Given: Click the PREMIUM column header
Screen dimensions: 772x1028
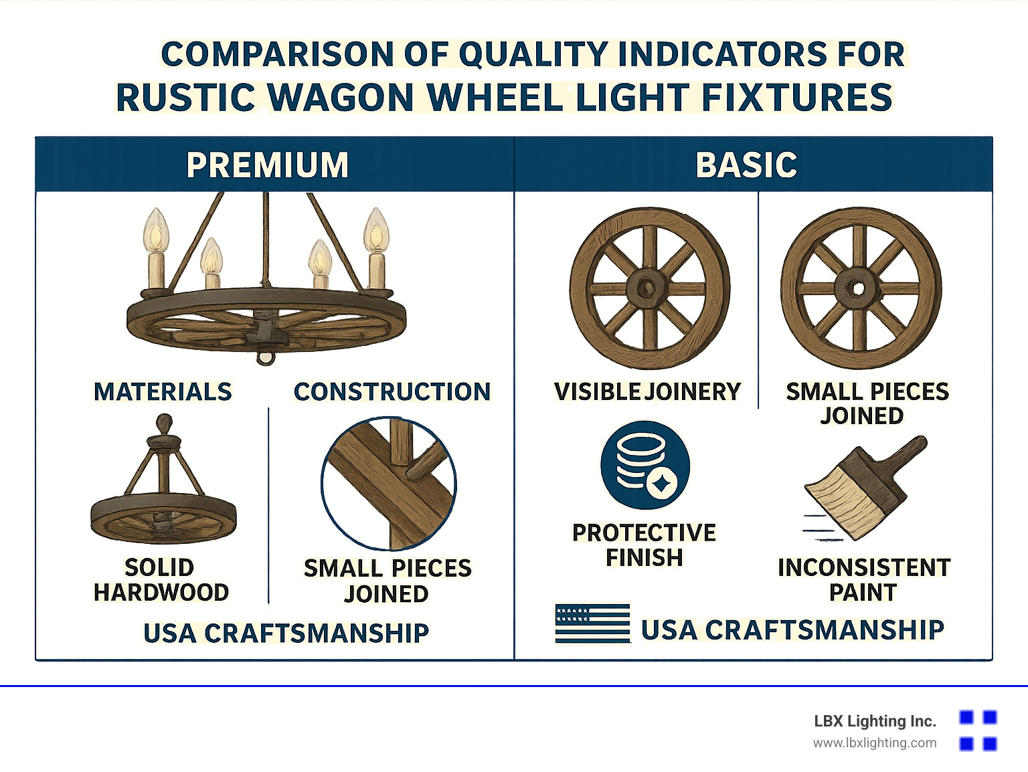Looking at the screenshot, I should point(268,165).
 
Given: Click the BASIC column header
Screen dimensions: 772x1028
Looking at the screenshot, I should point(746,165).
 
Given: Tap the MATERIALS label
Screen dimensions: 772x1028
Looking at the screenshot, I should point(163,392).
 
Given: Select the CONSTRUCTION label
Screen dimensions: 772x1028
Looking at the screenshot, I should point(392,392).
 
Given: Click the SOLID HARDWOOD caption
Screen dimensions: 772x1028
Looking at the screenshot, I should point(161,580).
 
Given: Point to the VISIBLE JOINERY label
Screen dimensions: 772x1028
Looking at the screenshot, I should point(647,392).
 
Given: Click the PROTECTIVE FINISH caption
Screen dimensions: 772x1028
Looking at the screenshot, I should point(644,545).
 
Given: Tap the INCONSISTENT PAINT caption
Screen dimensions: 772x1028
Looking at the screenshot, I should point(863,580).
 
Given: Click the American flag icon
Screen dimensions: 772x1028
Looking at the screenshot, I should point(592,623).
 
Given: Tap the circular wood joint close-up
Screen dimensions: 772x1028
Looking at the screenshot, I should point(389,484).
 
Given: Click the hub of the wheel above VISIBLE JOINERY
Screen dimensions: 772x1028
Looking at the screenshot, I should point(647,288).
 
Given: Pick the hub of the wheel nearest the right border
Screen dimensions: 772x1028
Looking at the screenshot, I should point(859,288).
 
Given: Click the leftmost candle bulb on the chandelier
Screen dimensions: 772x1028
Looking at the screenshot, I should point(155,231).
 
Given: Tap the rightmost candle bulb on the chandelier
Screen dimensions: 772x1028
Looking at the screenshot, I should point(376,231).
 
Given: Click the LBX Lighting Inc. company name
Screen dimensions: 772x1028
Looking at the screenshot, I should point(874,721).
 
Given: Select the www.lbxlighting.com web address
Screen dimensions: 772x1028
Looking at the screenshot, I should point(874,743).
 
